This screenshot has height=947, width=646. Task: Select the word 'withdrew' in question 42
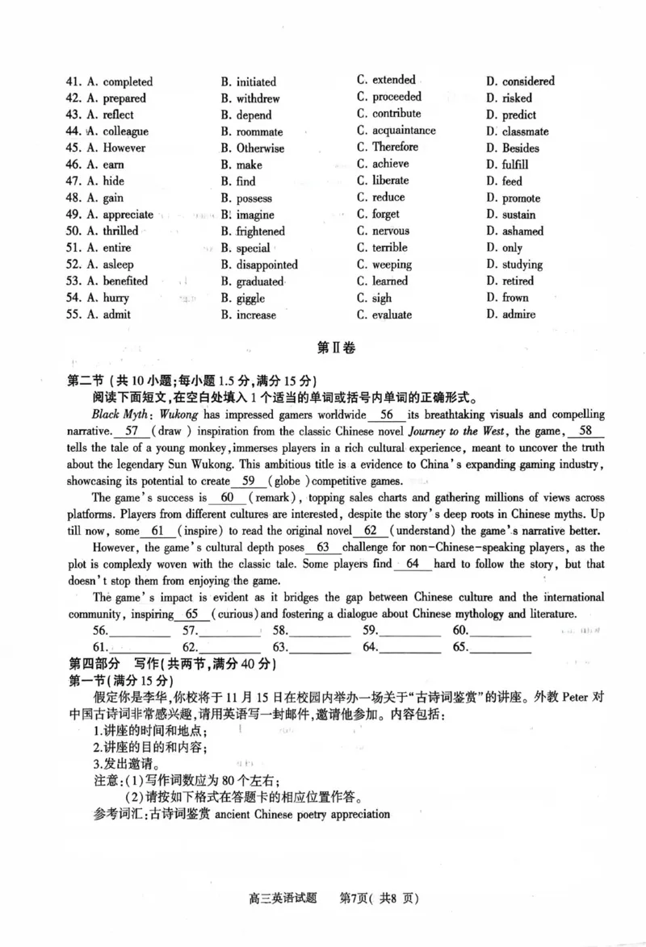click(258, 98)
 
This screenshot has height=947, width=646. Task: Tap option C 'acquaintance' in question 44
click(403, 131)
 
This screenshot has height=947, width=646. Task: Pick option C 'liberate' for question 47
click(390, 181)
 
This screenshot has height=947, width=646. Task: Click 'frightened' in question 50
click(260, 232)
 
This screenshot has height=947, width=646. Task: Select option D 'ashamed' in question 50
click(522, 232)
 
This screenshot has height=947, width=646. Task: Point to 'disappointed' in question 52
click(266, 265)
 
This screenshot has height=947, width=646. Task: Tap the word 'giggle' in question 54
click(254, 298)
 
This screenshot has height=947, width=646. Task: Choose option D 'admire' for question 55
click(518, 315)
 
